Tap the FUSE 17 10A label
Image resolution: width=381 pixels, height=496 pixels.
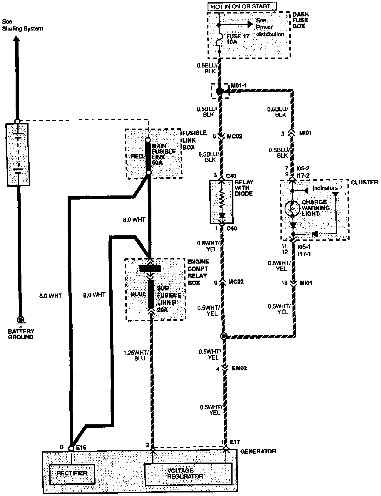[x=238, y=39]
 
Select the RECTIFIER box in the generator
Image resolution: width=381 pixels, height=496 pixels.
[x=72, y=473]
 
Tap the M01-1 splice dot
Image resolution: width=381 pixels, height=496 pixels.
[x=219, y=91]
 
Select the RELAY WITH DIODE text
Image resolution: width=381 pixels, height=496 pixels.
[x=244, y=188]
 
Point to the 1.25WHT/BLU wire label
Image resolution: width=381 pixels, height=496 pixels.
[x=136, y=355]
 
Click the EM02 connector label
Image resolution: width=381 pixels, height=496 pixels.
[x=239, y=368]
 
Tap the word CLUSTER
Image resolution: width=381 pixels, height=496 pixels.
[x=364, y=183]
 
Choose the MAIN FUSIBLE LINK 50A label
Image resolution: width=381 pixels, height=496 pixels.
[x=163, y=154]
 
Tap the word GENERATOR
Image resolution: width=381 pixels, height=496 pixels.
[x=258, y=451]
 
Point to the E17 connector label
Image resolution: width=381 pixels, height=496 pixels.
[x=235, y=441]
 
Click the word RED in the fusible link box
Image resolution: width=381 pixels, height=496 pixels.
[x=137, y=156]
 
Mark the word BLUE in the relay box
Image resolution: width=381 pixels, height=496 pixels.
[x=138, y=293]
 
